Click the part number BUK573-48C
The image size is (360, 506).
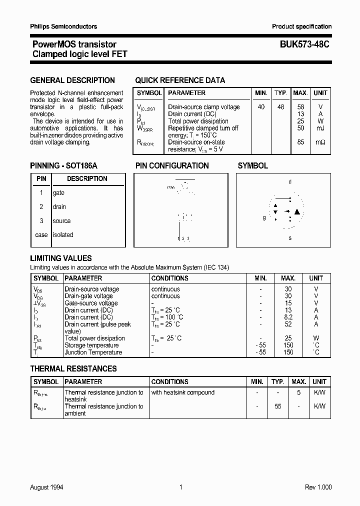point(301,44)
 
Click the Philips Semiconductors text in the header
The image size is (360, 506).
point(63,26)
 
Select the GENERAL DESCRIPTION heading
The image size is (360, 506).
point(72,80)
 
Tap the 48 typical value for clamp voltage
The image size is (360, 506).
point(281,107)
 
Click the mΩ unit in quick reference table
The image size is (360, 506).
point(320,142)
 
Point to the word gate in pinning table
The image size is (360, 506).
point(58,193)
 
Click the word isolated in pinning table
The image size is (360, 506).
point(63,235)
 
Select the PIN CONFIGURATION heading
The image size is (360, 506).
point(172,165)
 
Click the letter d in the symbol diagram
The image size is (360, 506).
point(290,182)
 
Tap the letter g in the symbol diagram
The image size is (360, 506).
point(264,217)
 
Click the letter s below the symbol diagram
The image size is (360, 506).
point(290,238)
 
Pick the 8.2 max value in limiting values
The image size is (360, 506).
point(288,317)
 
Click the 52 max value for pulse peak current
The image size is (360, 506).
point(288,324)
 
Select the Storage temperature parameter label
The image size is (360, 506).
point(91,345)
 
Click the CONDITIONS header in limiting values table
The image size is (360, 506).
point(170,278)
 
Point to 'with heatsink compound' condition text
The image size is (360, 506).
point(183,392)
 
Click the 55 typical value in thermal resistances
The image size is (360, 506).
point(277,406)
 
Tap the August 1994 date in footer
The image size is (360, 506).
point(46,487)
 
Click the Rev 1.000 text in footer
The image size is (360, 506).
point(318,487)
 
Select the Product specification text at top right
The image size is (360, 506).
point(301,26)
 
